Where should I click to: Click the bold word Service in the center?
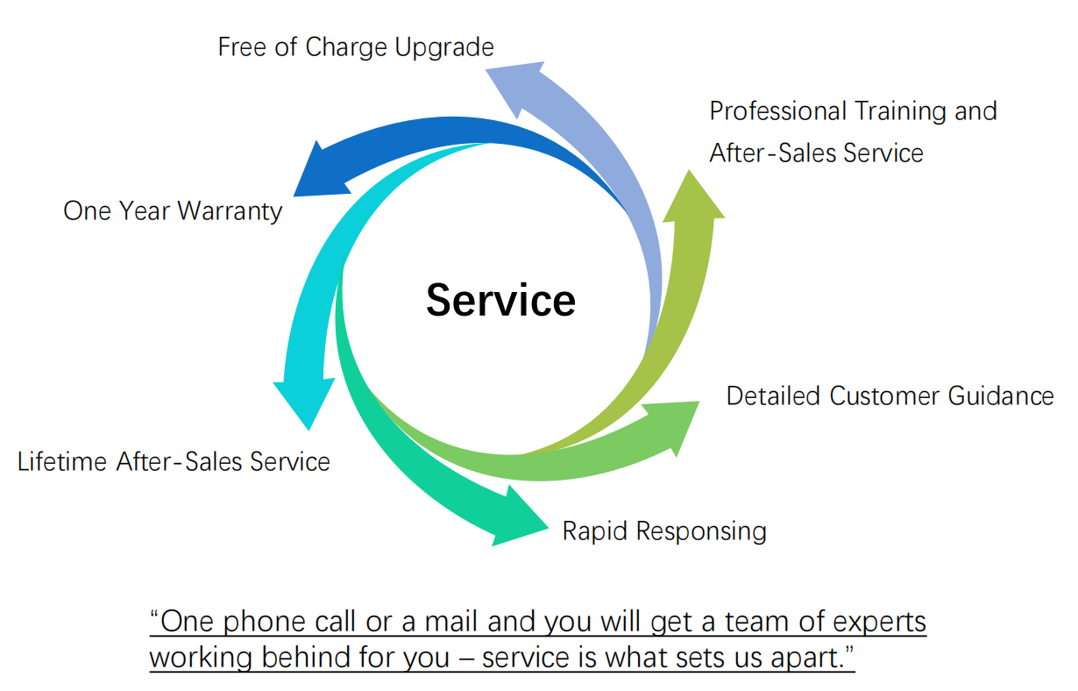[500, 300]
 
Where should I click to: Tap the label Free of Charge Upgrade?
[356, 46]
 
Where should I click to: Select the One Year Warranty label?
[173, 211]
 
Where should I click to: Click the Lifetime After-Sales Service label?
[174, 461]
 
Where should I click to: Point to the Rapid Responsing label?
[664, 531]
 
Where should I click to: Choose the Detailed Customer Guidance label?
[890, 395]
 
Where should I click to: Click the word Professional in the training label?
[777, 111]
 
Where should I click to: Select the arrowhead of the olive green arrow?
[691, 196]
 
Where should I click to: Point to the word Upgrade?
[444, 46]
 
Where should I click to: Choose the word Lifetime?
[62, 461]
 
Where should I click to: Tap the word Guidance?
[1000, 395]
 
